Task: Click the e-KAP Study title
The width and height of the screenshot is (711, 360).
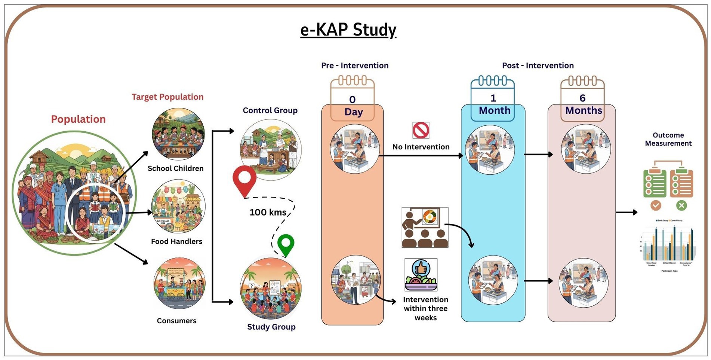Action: tap(348, 30)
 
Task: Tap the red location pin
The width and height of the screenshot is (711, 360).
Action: tap(244, 180)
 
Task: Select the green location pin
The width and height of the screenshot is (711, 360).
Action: tap(286, 244)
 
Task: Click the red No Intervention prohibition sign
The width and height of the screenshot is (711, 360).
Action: tap(421, 130)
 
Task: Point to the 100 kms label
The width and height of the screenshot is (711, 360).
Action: tap(268, 213)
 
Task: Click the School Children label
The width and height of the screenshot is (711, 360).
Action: tap(175, 168)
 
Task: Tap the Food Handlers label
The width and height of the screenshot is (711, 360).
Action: tap(176, 241)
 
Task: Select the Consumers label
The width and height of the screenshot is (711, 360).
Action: tap(176, 321)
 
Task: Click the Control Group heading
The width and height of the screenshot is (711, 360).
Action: tap(270, 110)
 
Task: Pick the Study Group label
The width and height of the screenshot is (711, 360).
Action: tap(271, 327)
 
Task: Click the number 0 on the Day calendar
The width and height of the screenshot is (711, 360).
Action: tap(352, 100)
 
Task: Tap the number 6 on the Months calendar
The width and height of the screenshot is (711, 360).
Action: tap(582, 98)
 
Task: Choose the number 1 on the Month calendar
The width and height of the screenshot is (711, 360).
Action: tap(493, 98)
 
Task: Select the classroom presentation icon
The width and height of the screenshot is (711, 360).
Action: tap(425, 228)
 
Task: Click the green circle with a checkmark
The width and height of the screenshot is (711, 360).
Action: tap(656, 205)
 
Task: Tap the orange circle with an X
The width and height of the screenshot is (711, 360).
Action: tap(681, 205)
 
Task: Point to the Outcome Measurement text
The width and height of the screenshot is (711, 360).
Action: tap(668, 139)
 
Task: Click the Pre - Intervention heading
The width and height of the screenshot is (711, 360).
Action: tap(355, 65)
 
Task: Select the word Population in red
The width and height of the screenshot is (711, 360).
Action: tap(78, 119)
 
